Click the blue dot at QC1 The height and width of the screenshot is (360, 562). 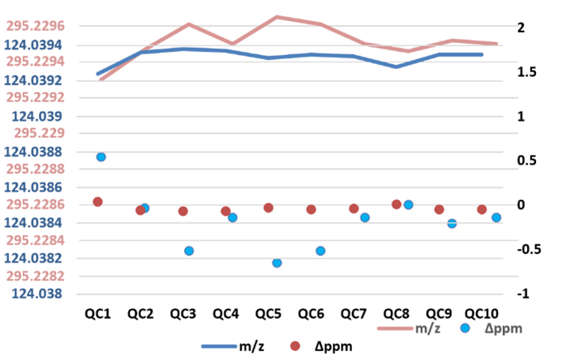click(101, 156)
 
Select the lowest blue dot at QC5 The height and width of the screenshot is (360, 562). click(277, 263)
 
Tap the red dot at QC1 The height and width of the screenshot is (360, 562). click(97, 202)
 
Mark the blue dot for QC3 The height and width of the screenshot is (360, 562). click(189, 251)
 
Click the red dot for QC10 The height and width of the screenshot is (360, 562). click(482, 209)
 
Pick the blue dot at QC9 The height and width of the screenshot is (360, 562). click(453, 223)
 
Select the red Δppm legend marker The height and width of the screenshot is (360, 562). click(295, 346)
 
